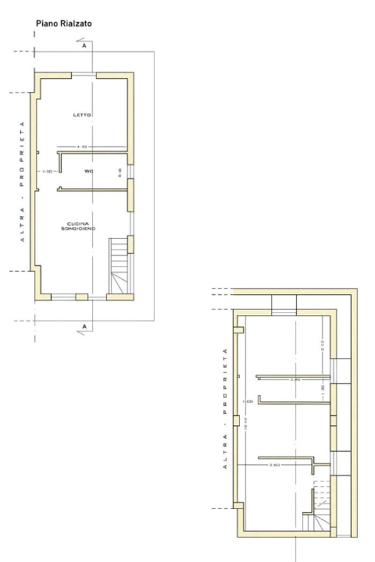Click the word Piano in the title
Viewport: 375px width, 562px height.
click(x=47, y=25)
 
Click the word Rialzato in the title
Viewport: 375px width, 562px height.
click(x=77, y=25)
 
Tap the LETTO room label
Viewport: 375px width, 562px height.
click(x=82, y=115)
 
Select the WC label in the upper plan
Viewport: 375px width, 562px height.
click(x=90, y=166)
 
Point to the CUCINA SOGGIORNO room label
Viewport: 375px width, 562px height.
click(x=80, y=226)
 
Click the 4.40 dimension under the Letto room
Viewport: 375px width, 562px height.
click(x=81, y=148)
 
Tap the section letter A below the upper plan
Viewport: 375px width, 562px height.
click(x=84, y=325)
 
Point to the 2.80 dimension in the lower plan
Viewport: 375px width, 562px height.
click(x=295, y=380)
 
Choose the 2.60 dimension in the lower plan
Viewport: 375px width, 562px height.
click(x=273, y=464)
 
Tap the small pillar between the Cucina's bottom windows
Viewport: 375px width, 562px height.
click(x=81, y=297)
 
